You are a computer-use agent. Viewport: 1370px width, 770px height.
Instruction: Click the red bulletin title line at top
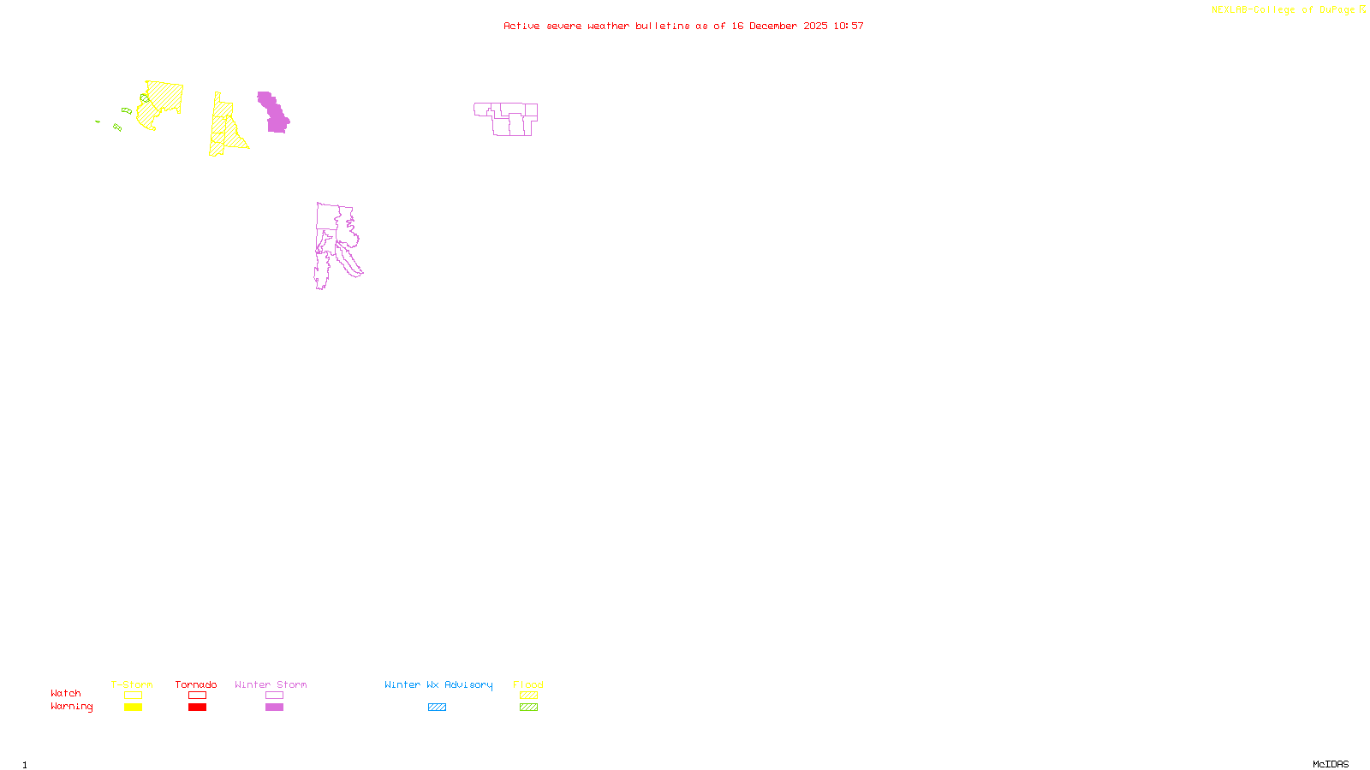(683, 27)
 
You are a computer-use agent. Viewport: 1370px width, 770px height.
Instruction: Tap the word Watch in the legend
(66, 694)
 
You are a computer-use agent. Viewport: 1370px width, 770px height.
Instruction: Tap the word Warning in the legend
(71, 707)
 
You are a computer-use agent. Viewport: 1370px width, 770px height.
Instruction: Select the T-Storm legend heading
(132, 684)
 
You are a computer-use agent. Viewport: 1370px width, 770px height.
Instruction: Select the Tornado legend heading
(196, 684)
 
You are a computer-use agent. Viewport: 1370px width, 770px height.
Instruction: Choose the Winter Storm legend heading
(271, 684)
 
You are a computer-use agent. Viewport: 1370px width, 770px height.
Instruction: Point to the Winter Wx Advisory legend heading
(438, 684)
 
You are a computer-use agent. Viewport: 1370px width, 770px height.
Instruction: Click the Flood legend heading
(528, 684)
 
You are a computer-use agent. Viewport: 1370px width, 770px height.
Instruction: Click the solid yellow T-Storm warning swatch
(133, 708)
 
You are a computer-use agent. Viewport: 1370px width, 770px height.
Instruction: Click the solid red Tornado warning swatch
(197, 708)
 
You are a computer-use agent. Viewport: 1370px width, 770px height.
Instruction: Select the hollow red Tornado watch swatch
(197, 696)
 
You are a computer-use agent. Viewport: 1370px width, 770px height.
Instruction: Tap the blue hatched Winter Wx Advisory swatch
(437, 708)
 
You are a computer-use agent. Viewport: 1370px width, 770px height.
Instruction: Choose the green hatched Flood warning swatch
(528, 708)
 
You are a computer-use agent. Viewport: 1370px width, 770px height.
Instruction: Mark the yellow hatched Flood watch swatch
(528, 696)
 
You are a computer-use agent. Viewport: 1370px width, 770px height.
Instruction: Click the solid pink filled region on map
(275, 115)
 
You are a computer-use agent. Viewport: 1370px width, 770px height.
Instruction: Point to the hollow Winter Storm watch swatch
(274, 696)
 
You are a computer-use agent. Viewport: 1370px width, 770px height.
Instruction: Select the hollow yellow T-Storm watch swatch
(133, 696)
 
